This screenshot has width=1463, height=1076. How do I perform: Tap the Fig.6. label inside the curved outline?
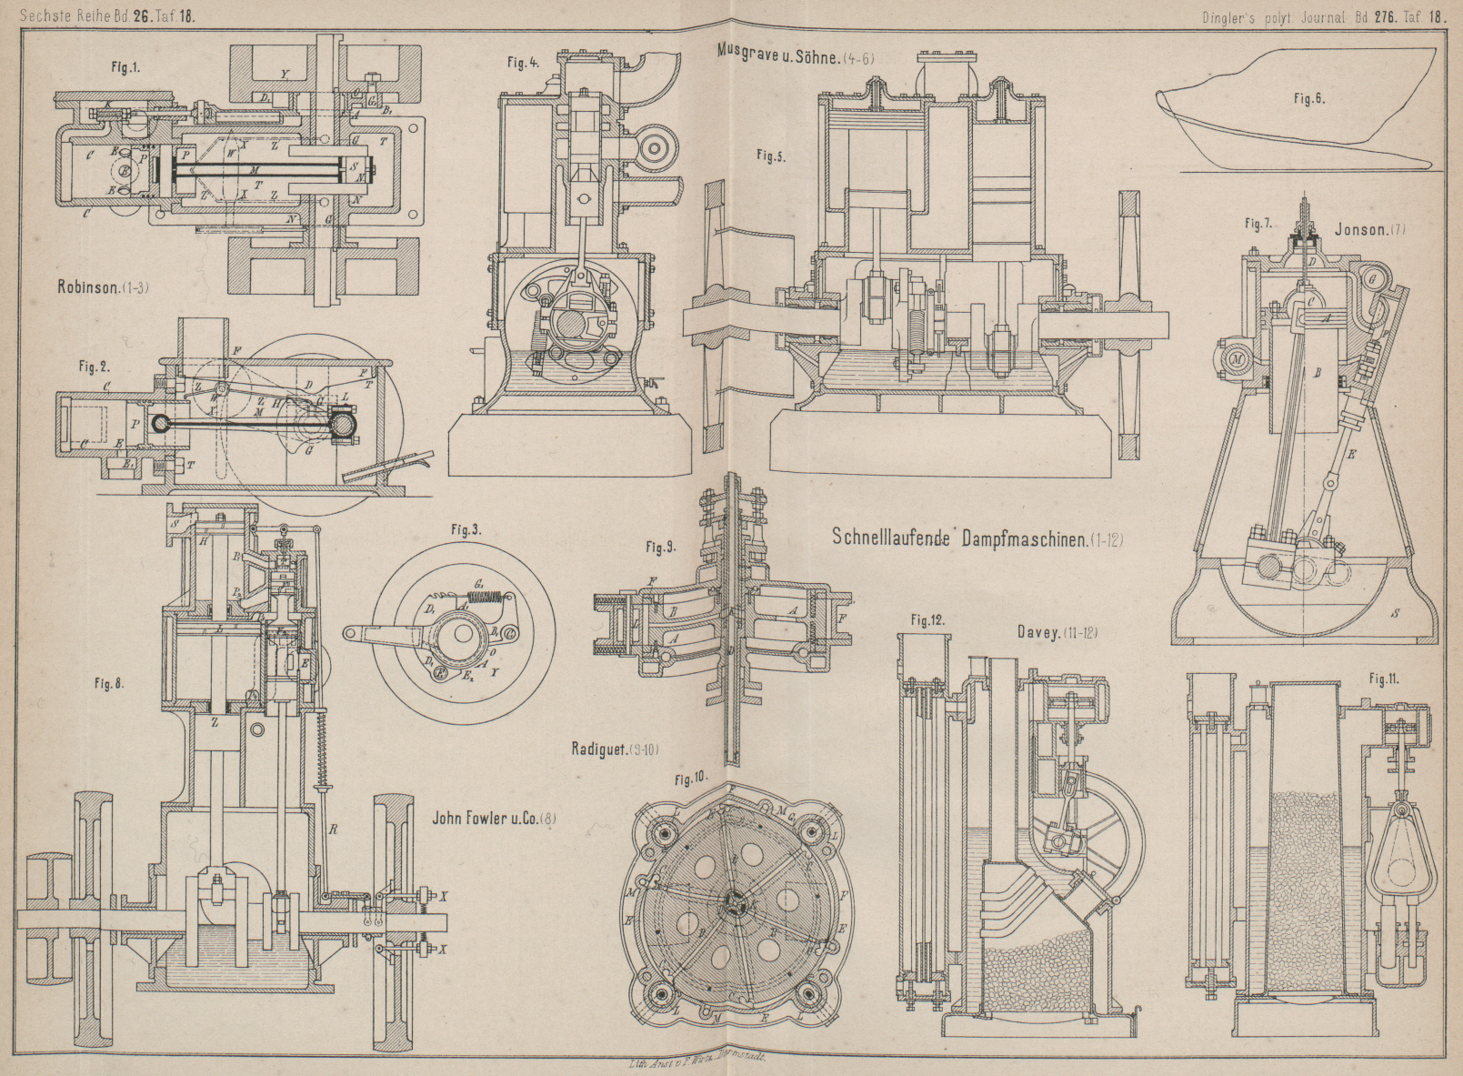click(1308, 100)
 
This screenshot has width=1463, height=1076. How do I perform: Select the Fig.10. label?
click(691, 779)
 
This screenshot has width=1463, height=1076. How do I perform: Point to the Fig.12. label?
click(927, 620)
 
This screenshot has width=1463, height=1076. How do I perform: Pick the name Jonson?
click(1357, 229)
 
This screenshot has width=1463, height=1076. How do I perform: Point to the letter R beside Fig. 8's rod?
click(335, 829)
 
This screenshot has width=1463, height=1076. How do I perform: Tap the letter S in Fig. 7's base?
click(1395, 614)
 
